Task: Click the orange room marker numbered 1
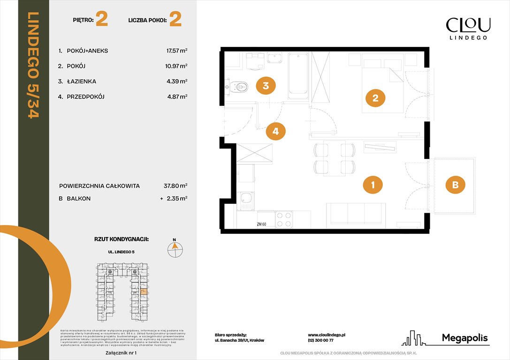click(x=373, y=185)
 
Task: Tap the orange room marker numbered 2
click(x=375, y=98)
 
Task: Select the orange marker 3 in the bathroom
click(x=266, y=86)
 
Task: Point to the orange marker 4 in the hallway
click(x=275, y=132)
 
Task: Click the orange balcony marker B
click(x=455, y=185)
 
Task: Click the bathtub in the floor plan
click(x=298, y=76)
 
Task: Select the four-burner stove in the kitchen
click(x=283, y=219)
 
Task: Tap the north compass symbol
click(x=175, y=249)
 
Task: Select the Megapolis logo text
click(x=464, y=338)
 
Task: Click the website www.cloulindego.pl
click(x=327, y=335)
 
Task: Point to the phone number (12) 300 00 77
click(x=320, y=341)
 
